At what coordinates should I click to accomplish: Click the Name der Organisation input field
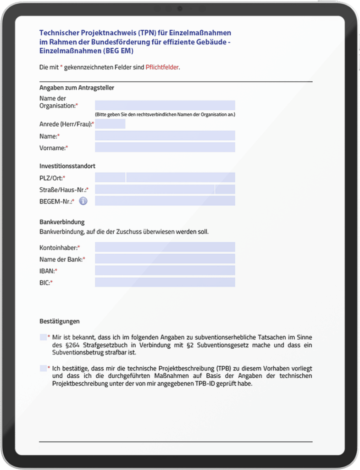(165, 106)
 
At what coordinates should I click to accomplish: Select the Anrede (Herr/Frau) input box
(110, 124)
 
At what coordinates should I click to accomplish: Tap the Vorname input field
(165, 147)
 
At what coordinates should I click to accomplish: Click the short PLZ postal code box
(110, 178)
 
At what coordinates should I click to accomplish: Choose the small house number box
(225, 190)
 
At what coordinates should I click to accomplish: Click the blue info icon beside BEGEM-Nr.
(83, 201)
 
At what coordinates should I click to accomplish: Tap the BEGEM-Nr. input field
(165, 201)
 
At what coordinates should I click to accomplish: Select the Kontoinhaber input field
(165, 247)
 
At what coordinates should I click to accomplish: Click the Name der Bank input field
(165, 259)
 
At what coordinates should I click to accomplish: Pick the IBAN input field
(165, 271)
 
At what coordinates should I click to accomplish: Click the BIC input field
(165, 282)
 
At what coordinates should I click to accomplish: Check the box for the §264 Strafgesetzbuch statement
(43, 337)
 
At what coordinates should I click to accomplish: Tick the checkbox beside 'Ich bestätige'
(43, 368)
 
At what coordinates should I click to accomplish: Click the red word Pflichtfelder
(162, 67)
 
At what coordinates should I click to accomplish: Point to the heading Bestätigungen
(60, 321)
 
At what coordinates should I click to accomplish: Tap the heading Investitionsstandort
(67, 166)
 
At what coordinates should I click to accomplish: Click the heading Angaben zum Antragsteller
(77, 88)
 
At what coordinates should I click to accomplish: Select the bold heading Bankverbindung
(62, 222)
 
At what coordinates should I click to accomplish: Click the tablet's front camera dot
(180, 8)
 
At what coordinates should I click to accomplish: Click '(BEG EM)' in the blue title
(118, 51)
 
